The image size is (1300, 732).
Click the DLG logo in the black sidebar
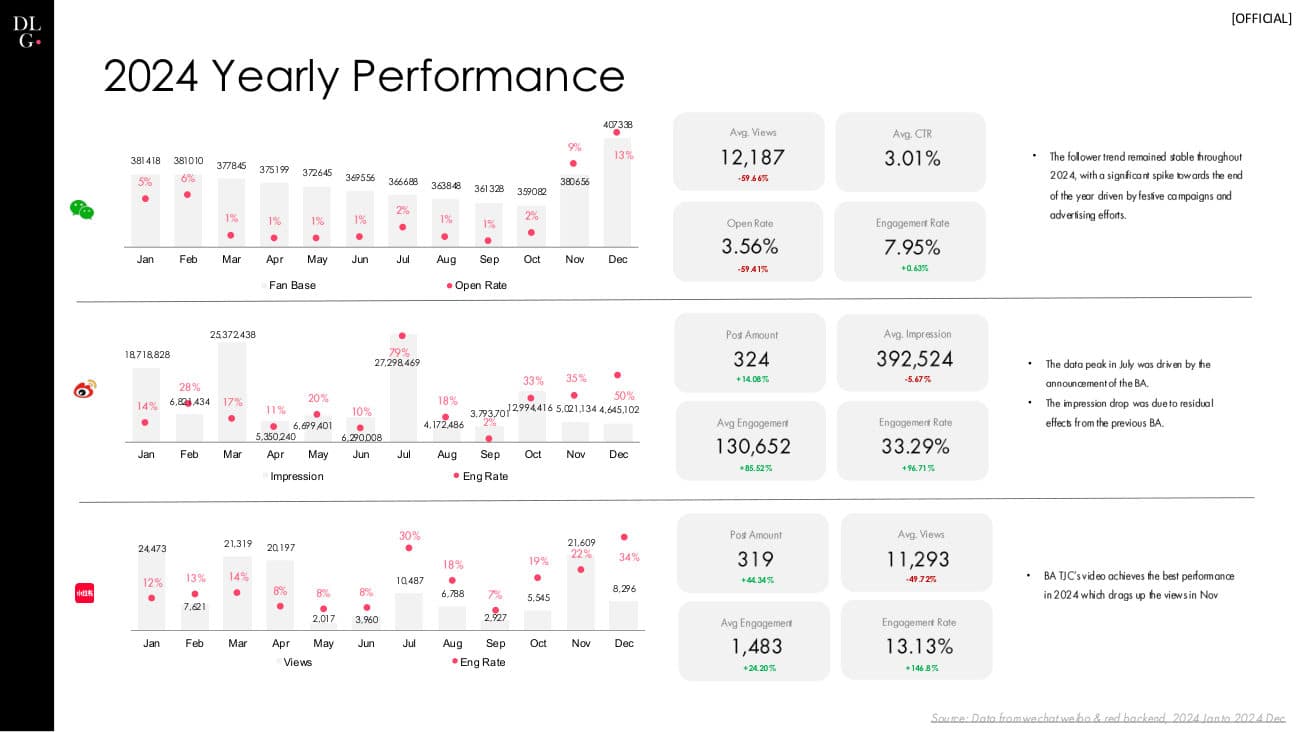pyautogui.click(x=27, y=31)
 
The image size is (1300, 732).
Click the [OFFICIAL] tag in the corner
pyautogui.click(x=1261, y=18)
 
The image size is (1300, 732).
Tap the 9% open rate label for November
pyautogui.click(x=574, y=147)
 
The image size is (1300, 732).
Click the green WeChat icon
pyautogui.click(x=82, y=209)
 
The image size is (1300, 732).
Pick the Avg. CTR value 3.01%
pyautogui.click(x=912, y=158)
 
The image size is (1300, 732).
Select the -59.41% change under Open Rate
pyautogui.click(x=752, y=269)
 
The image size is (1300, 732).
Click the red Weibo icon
pyautogui.click(x=84, y=389)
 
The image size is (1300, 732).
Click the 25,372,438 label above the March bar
pyautogui.click(x=233, y=335)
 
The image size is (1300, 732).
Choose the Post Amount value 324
pyautogui.click(x=751, y=359)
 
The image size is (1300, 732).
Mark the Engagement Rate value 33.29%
pyautogui.click(x=914, y=446)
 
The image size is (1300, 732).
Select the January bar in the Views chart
pyautogui.click(x=151, y=592)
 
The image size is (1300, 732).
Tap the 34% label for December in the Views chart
pyautogui.click(x=629, y=557)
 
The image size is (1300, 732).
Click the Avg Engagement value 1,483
pyautogui.click(x=756, y=646)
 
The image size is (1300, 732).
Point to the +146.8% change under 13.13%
pyautogui.click(x=921, y=668)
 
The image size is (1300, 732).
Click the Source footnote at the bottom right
pyautogui.click(x=1107, y=718)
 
